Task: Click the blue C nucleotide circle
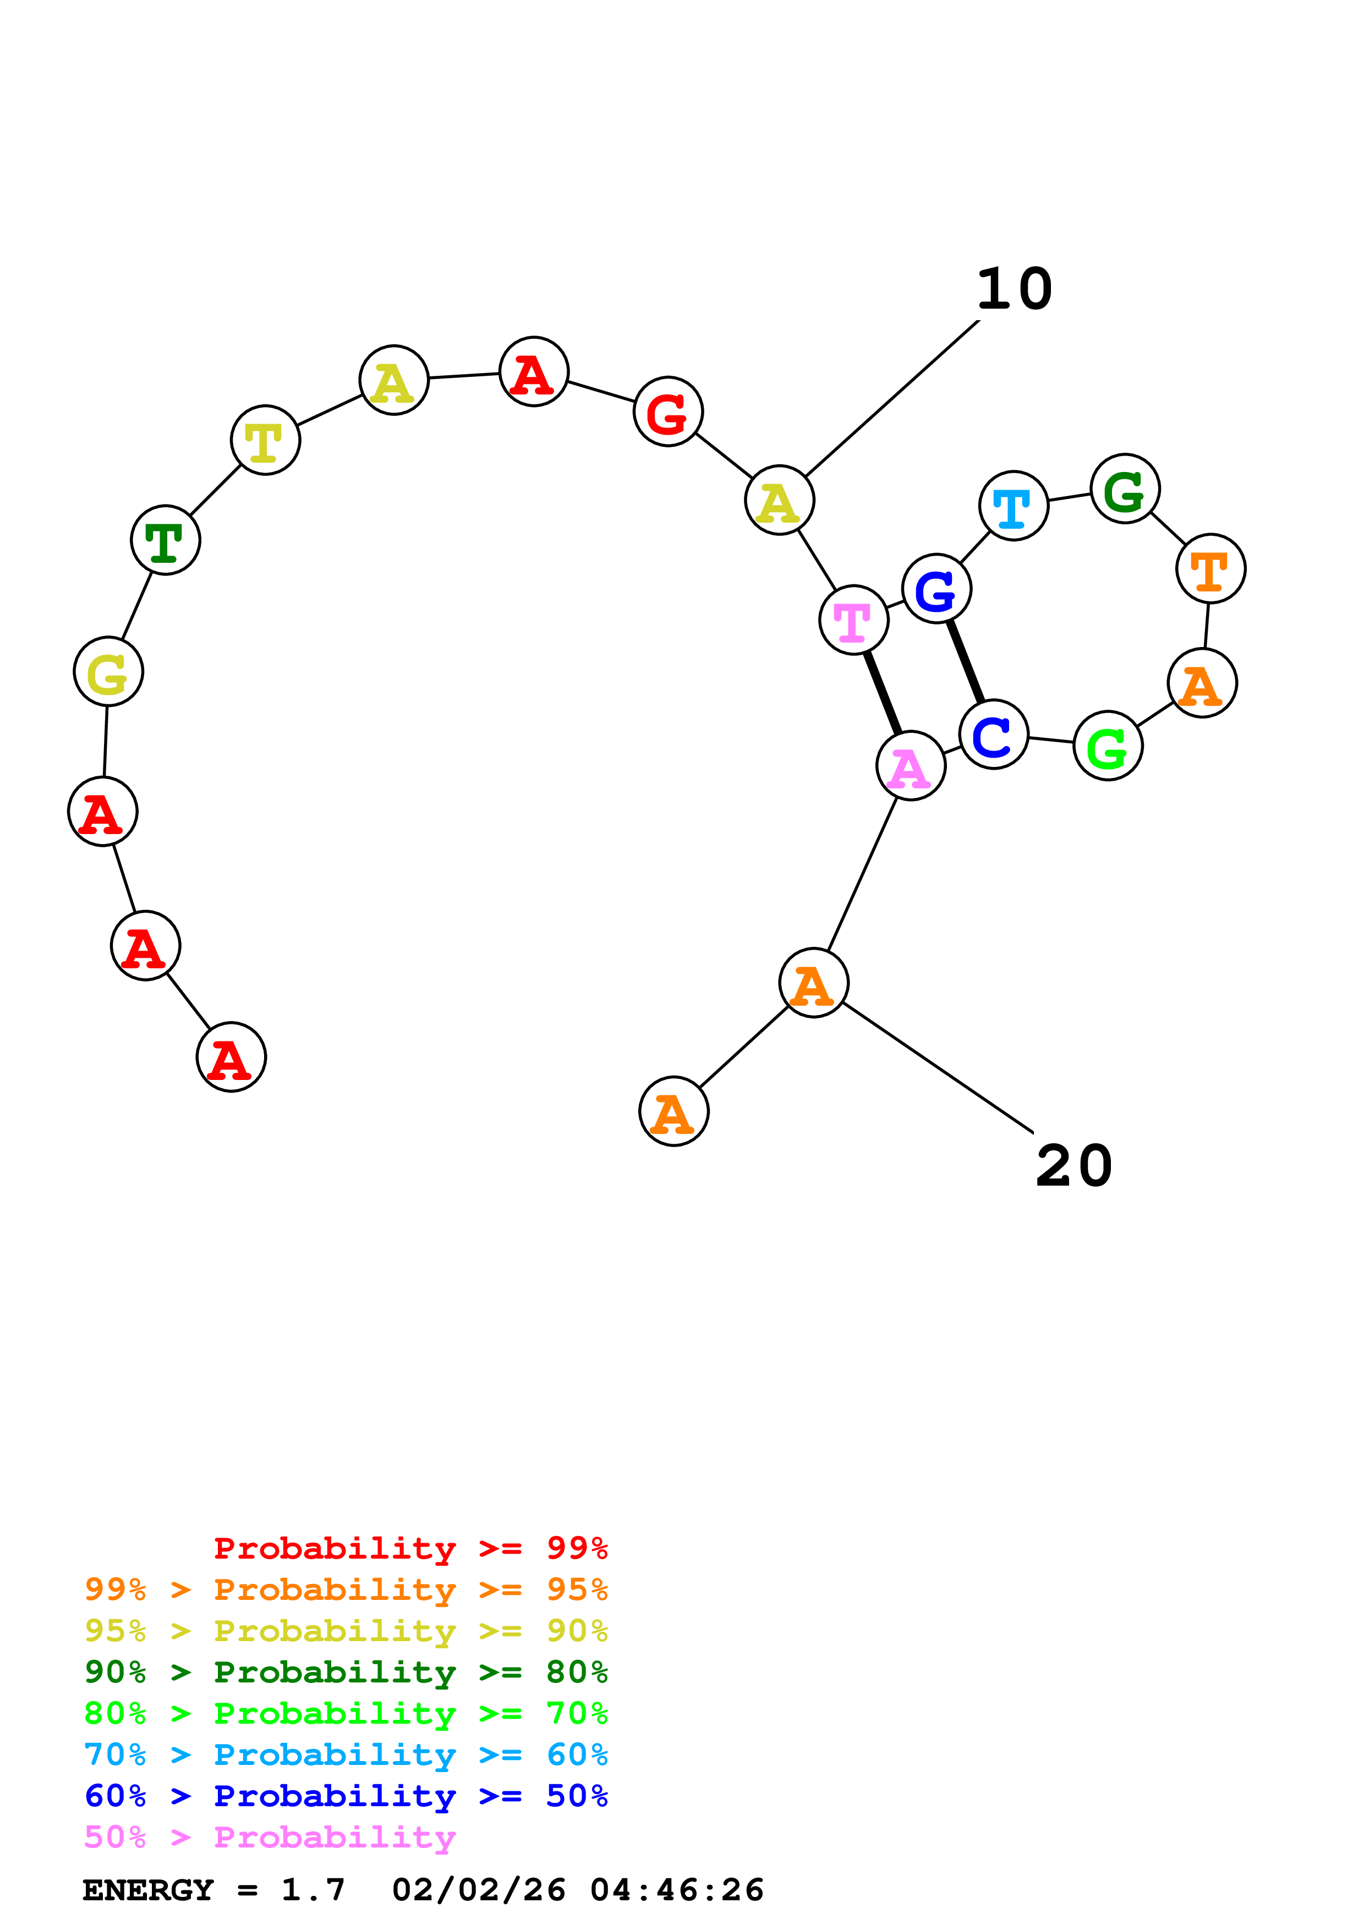point(993,734)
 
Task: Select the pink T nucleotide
point(853,621)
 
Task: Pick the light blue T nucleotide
point(1014,506)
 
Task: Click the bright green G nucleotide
point(1108,745)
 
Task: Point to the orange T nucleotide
point(1210,568)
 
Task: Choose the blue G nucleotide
point(936,589)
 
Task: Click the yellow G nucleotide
point(108,672)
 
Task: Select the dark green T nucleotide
point(166,540)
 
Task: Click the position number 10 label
point(1015,289)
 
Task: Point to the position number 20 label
point(1074,1166)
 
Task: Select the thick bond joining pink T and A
point(883,693)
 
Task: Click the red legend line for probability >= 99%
point(410,1548)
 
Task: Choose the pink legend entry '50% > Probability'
point(270,1838)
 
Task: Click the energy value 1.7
point(313,1890)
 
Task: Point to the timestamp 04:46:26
point(677,1890)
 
